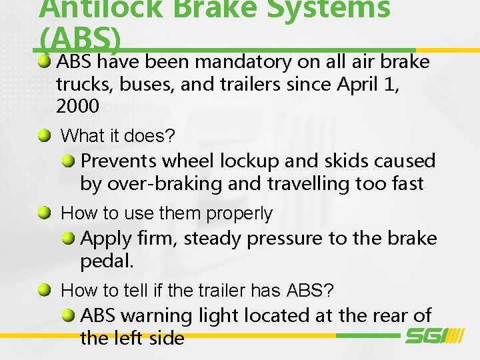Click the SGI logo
coord(434,335)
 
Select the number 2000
coord(77,106)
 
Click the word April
coord(357,85)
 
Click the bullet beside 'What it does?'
coord(44,135)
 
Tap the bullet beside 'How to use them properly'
coord(44,213)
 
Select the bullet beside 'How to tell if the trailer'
coord(44,290)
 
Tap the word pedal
coord(107,261)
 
